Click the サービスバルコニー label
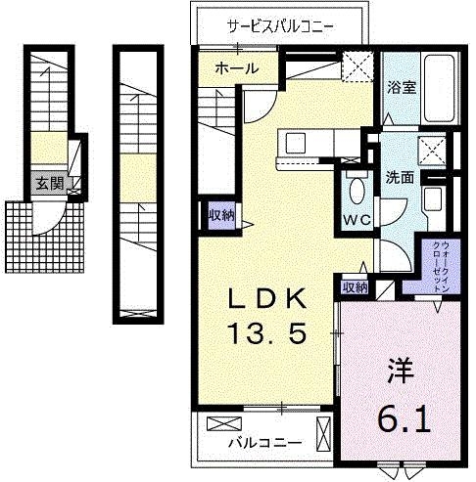[x=280, y=24]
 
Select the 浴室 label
[x=403, y=87]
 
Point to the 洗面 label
[x=402, y=179]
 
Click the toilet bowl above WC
[x=356, y=190]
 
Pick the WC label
[x=356, y=219]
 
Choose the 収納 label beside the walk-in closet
[x=355, y=287]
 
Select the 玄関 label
[x=47, y=183]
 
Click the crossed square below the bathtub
[x=432, y=149]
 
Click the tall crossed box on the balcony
[x=324, y=429]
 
